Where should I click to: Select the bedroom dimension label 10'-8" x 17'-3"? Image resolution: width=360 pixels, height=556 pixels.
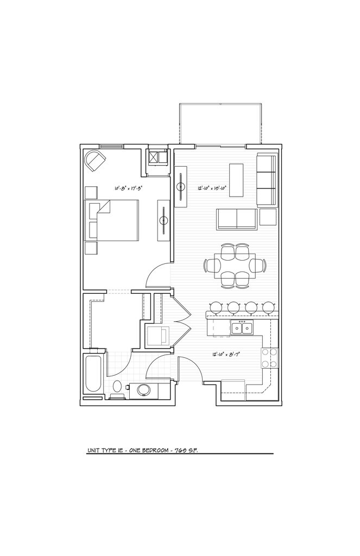(129, 188)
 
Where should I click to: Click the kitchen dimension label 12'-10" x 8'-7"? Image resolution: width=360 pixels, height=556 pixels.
(226, 354)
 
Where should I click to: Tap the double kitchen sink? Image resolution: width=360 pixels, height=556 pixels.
(242, 328)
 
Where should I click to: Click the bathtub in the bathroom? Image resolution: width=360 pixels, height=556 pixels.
(93, 374)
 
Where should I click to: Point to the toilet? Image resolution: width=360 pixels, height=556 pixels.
(117, 388)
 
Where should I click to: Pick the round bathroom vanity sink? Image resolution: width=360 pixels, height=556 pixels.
(144, 390)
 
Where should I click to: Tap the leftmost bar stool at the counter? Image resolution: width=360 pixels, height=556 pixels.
(216, 307)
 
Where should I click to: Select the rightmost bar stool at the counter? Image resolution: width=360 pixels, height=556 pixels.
(268, 307)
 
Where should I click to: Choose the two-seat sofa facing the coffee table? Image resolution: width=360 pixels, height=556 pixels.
(236, 219)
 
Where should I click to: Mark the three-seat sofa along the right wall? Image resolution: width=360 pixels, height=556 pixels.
(267, 179)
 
